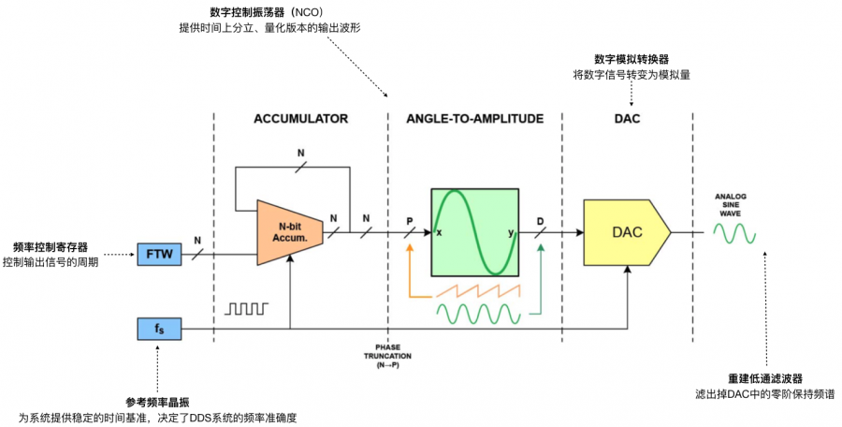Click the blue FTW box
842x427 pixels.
(159, 254)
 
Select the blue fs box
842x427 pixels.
(159, 329)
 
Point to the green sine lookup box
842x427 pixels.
(474, 232)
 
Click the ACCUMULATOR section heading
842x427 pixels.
(300, 119)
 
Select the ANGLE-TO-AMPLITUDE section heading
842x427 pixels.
(474, 119)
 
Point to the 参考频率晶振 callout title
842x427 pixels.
(158, 401)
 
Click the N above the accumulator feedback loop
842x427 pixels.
(300, 152)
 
